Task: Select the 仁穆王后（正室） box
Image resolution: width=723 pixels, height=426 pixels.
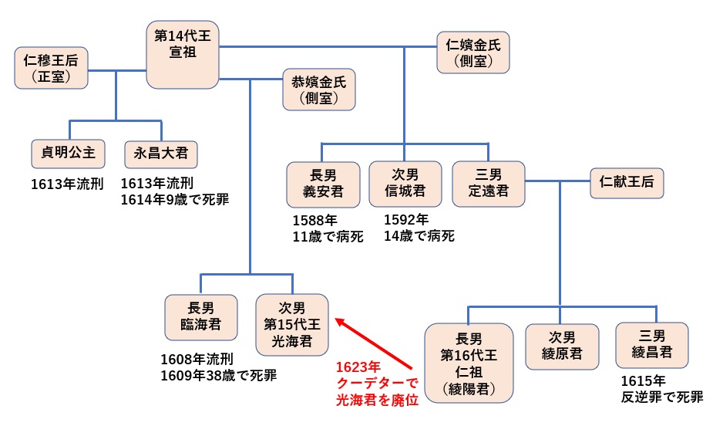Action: click(51, 67)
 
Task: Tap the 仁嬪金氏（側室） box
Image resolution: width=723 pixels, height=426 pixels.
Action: click(473, 52)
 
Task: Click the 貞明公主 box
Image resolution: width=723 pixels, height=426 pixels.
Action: click(69, 153)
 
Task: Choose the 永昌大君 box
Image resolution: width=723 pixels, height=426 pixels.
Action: click(160, 153)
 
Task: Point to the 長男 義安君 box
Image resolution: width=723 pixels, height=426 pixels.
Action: click(324, 183)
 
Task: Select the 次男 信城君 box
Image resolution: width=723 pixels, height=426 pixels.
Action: click(405, 183)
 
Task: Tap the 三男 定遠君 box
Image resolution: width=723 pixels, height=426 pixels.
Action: click(489, 183)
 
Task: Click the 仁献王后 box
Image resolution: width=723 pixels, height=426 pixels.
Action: click(627, 183)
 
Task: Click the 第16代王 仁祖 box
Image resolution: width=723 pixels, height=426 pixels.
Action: click(469, 363)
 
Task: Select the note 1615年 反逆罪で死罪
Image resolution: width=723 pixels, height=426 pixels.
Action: click(661, 390)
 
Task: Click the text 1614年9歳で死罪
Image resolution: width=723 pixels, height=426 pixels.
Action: click(175, 200)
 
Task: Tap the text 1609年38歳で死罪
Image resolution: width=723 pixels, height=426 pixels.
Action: click(218, 376)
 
